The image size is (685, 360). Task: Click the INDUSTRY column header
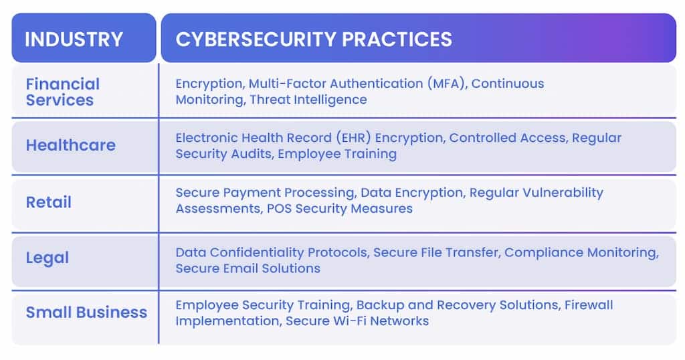click(x=74, y=39)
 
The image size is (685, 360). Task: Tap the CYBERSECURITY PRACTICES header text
click(x=314, y=39)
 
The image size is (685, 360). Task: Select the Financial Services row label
click(x=63, y=92)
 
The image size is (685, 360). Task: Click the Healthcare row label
click(x=71, y=145)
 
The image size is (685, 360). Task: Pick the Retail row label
click(x=48, y=202)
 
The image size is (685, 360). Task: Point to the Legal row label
click(x=47, y=258)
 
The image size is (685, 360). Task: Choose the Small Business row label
click(x=86, y=312)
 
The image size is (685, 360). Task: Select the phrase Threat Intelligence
click(x=308, y=100)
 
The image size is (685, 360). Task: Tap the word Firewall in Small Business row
click(x=589, y=304)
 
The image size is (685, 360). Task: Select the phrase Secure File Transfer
click(x=435, y=252)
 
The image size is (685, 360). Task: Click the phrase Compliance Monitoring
click(x=581, y=252)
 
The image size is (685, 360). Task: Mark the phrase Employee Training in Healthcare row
click(x=337, y=154)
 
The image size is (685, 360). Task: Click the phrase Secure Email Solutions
click(x=248, y=268)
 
